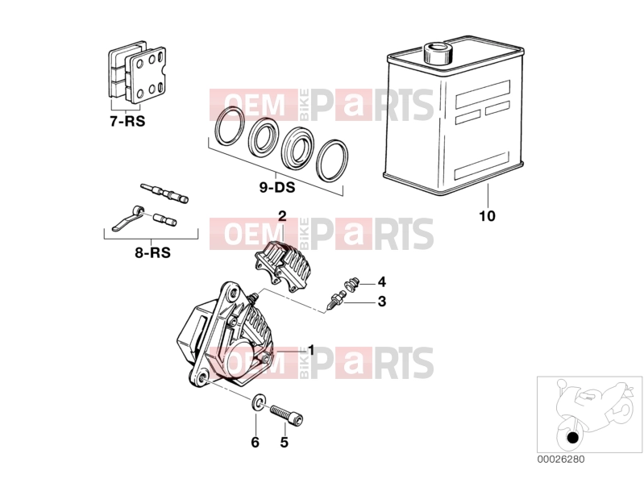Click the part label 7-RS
[x=127, y=121]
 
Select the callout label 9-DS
[x=277, y=187]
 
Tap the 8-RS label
[x=153, y=252]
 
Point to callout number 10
[x=488, y=215]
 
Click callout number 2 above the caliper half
[x=282, y=215]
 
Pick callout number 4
[x=382, y=281]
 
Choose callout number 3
[x=382, y=301]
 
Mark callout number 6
[x=255, y=442]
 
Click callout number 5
[x=285, y=442]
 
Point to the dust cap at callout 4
[x=351, y=284]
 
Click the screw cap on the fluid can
[x=438, y=53]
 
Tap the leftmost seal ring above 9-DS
[x=230, y=127]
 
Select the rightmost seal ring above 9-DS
[x=333, y=160]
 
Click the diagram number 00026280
[x=561, y=459]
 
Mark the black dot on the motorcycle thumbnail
[x=572, y=438]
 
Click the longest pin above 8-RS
[x=164, y=192]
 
